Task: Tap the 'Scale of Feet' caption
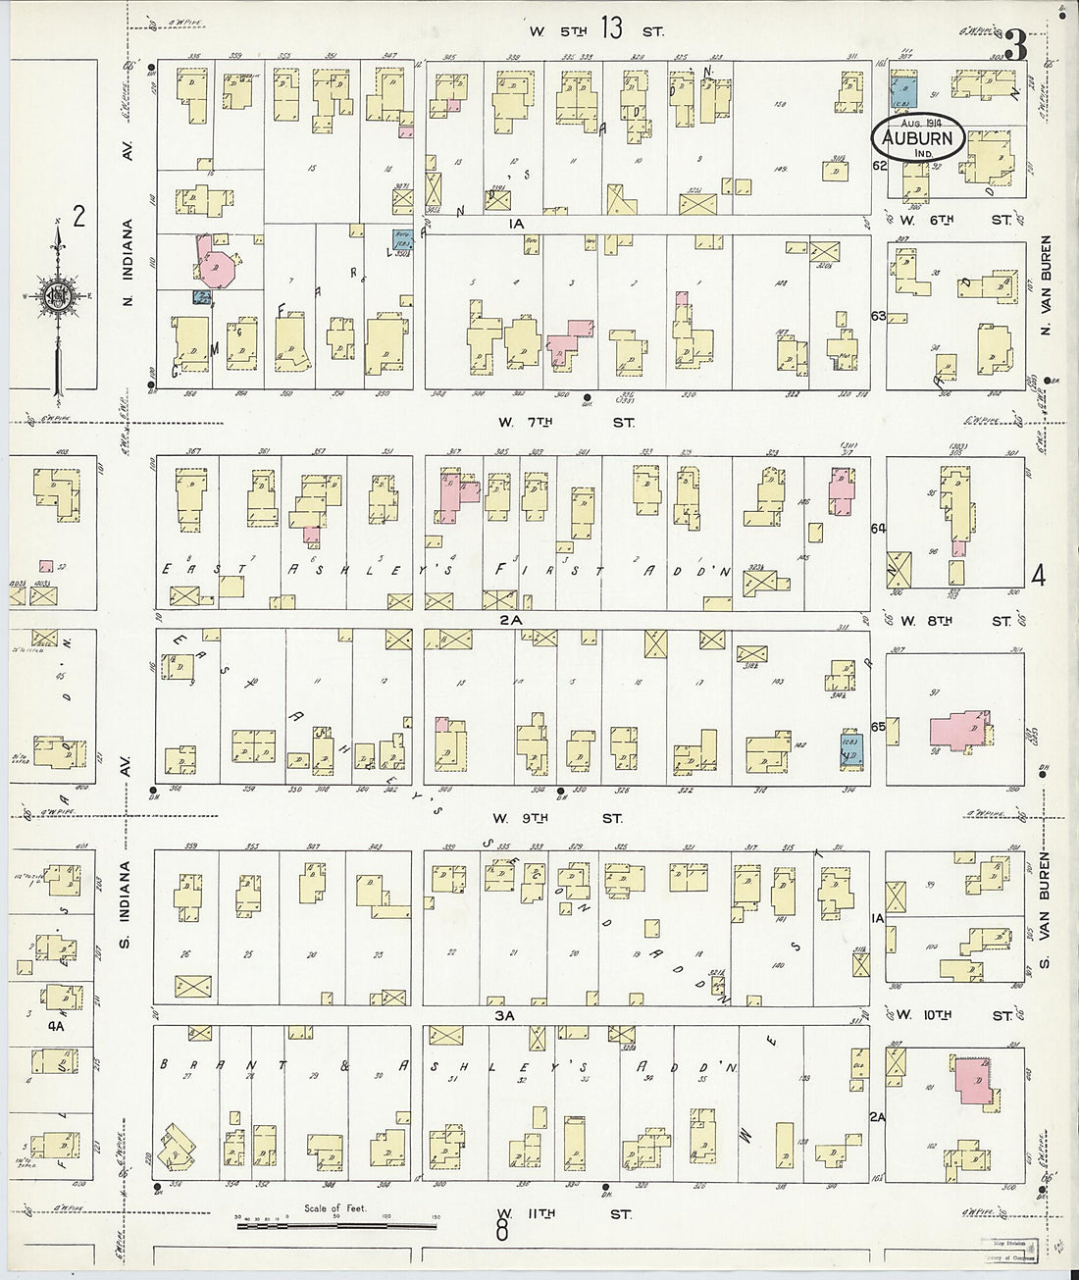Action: [334, 1208]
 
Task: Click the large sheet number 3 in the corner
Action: [1016, 44]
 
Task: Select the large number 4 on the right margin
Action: [1039, 576]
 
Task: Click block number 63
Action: [878, 316]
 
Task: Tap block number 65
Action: [878, 727]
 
